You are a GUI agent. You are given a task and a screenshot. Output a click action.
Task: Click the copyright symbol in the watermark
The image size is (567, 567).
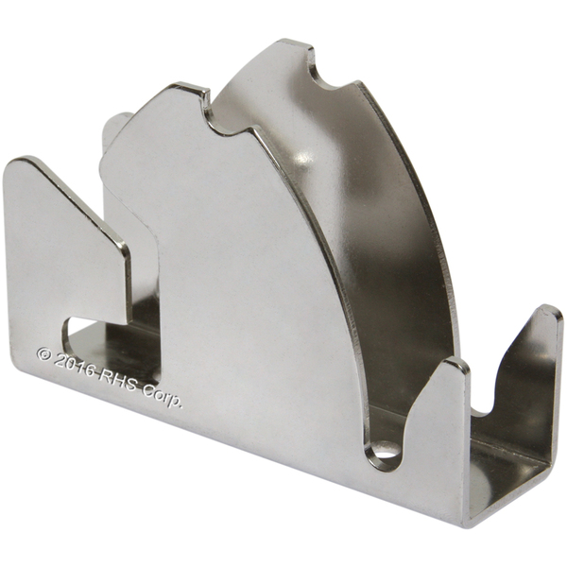tap(44, 354)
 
